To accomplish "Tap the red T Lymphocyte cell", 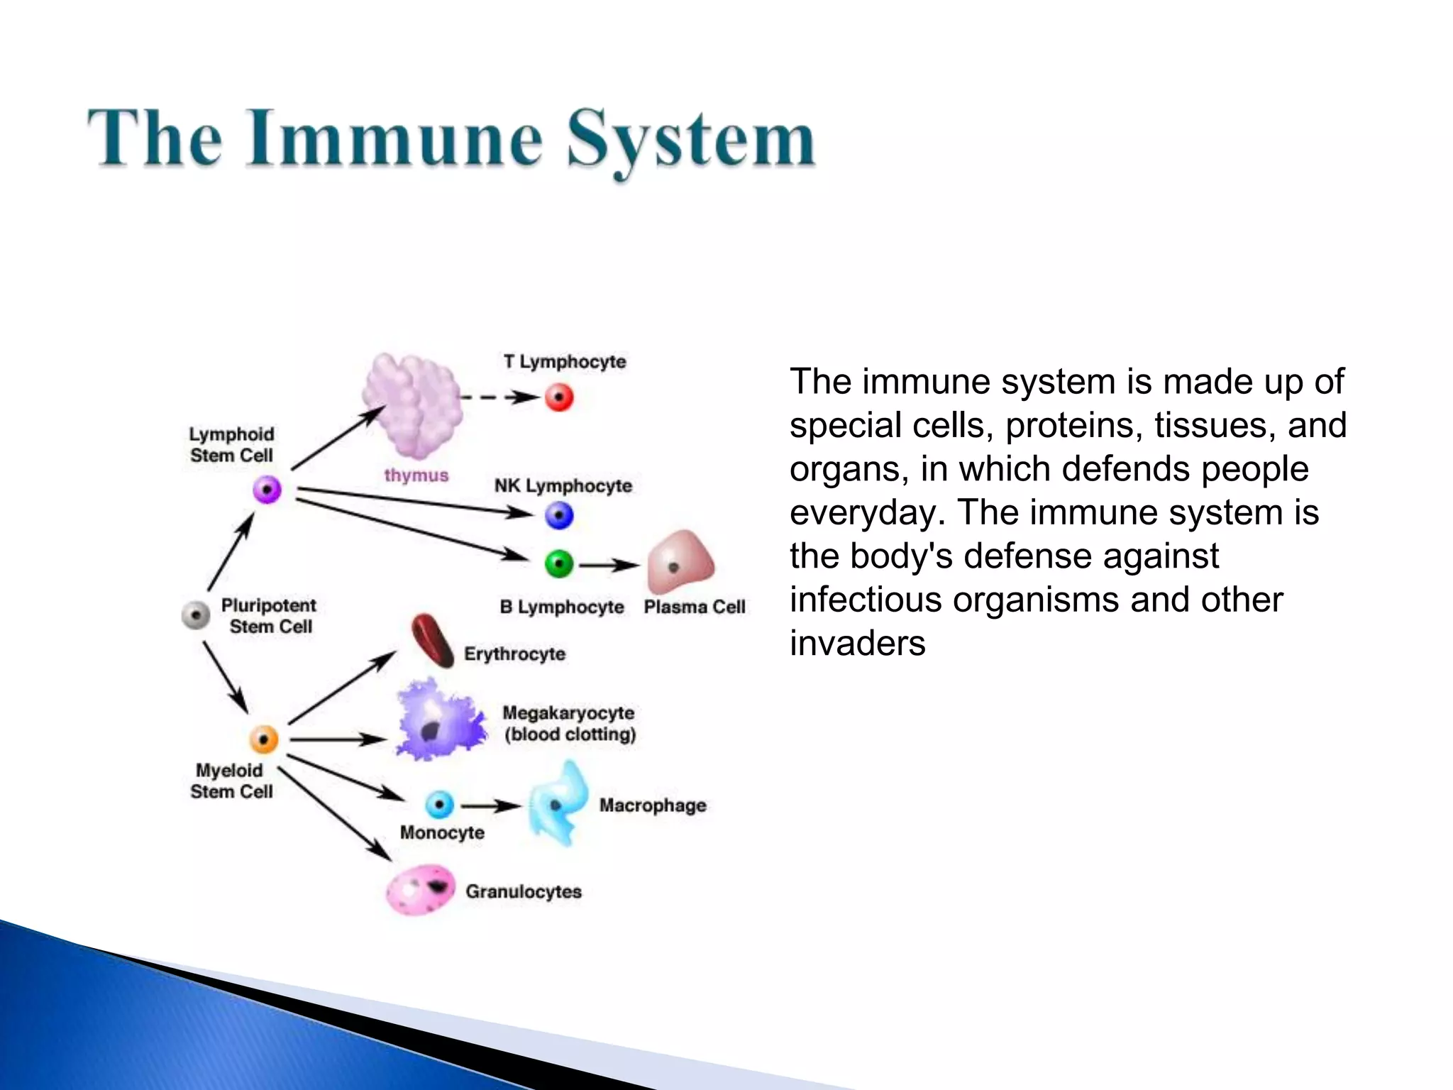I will click(x=559, y=397).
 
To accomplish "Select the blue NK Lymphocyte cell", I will click(x=559, y=515).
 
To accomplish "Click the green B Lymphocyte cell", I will click(x=559, y=564).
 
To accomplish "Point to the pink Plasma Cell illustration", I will click(x=679, y=563).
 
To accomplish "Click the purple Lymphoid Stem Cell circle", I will click(x=267, y=490).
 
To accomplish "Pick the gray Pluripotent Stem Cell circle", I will click(x=196, y=615).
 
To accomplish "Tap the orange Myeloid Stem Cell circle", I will click(x=264, y=739).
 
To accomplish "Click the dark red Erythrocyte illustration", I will click(x=433, y=641).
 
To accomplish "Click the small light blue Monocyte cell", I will click(x=439, y=805).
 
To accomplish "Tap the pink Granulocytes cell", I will click(x=420, y=889).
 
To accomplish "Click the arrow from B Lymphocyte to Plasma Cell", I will click(x=609, y=566).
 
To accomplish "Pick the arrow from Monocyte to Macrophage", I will click(x=491, y=806).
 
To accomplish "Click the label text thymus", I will click(x=416, y=475).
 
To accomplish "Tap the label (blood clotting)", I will click(x=570, y=734).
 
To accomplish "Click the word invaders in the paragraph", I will click(x=857, y=644).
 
